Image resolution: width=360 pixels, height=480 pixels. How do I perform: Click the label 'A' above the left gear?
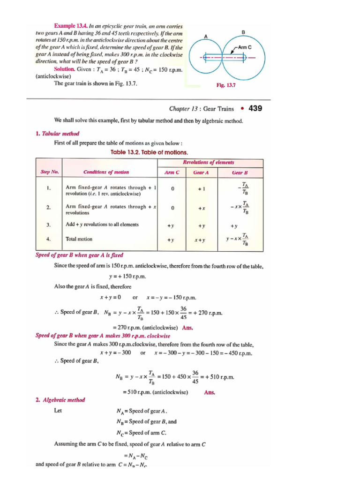point(206,36)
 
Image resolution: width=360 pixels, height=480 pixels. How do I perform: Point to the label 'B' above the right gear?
point(243,31)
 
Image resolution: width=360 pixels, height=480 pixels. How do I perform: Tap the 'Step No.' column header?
point(49,172)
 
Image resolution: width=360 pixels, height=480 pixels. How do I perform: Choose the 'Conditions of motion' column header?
point(106,172)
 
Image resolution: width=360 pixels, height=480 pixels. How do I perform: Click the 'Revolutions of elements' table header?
point(209,162)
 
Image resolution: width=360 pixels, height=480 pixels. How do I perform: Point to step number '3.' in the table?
point(48,225)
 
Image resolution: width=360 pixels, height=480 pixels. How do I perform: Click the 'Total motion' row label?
point(79,239)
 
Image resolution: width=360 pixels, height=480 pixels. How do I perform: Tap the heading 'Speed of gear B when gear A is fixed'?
point(79,255)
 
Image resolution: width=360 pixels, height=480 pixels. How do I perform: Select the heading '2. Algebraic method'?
point(60,400)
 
